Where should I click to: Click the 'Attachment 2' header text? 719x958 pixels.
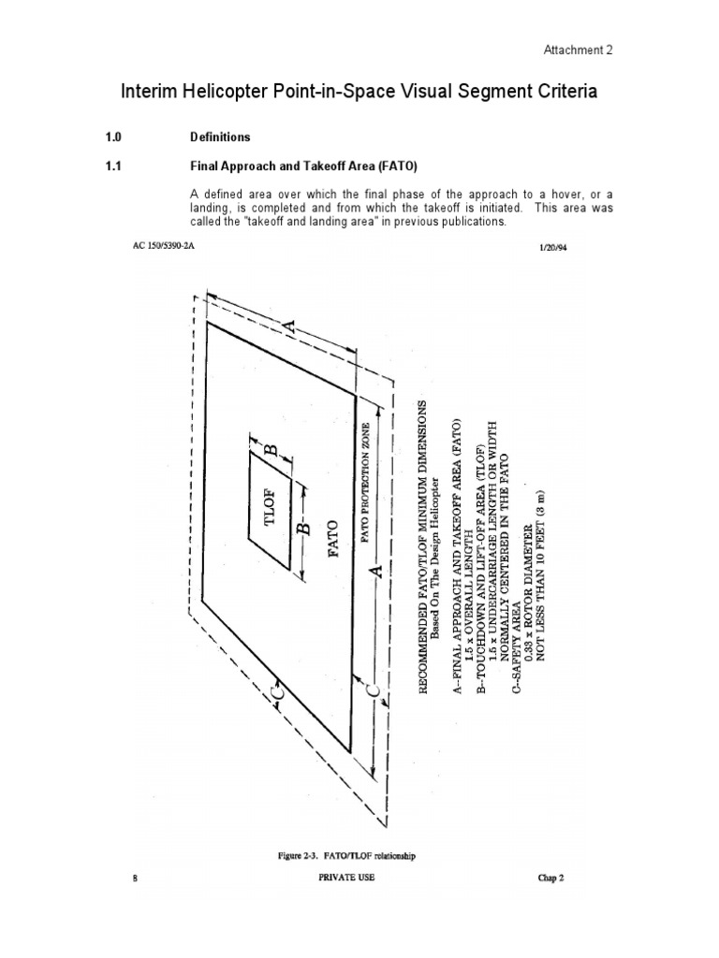click(580, 51)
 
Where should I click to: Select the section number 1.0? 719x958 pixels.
click(114, 137)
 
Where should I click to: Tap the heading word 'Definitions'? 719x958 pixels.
click(220, 137)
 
